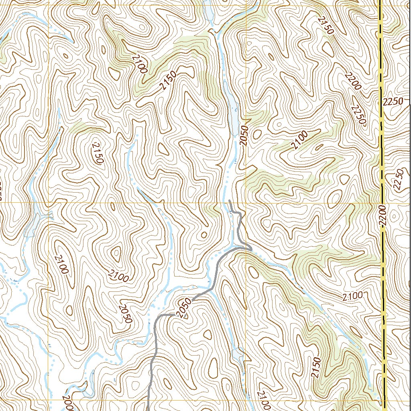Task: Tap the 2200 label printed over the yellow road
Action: tap(382, 217)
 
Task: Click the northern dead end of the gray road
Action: tap(229, 200)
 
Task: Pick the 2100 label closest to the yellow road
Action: tap(353, 297)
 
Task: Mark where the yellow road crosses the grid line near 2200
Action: tap(383, 203)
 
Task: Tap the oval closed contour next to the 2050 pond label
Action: tap(256, 134)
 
